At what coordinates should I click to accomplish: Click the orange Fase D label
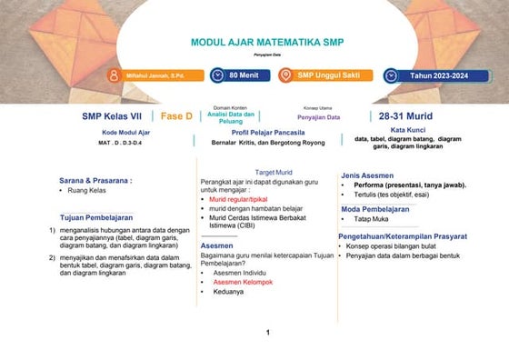(x=176, y=116)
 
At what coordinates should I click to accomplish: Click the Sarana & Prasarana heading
(x=95, y=180)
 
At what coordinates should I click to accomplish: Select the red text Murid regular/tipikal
(x=239, y=198)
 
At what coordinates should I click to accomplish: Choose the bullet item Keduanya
(x=228, y=292)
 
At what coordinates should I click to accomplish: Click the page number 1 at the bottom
(x=268, y=333)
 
